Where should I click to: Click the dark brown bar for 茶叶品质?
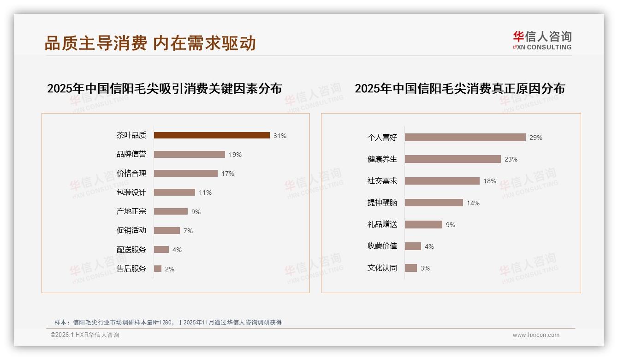click(x=212, y=135)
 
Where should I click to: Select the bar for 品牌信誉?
click(x=190, y=155)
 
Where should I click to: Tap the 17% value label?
click(x=228, y=174)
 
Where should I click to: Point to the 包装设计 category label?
click(x=131, y=192)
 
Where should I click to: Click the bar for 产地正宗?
click(x=171, y=211)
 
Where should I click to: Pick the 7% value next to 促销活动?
click(x=188, y=231)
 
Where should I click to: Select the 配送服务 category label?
click(x=131, y=250)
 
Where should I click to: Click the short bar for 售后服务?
click(x=158, y=269)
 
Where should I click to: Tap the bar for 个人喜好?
click(x=465, y=138)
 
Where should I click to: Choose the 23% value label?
click(x=511, y=159)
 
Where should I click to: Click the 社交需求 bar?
click(x=442, y=181)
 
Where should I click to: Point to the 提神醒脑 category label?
click(x=382, y=203)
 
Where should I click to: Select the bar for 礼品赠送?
click(x=423, y=224)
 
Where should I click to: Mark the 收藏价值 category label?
click(x=382, y=246)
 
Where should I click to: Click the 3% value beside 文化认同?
click(x=425, y=268)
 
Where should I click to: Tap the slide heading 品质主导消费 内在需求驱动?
click(x=150, y=43)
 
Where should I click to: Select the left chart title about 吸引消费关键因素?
click(x=164, y=88)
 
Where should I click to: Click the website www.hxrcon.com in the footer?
click(x=536, y=335)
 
